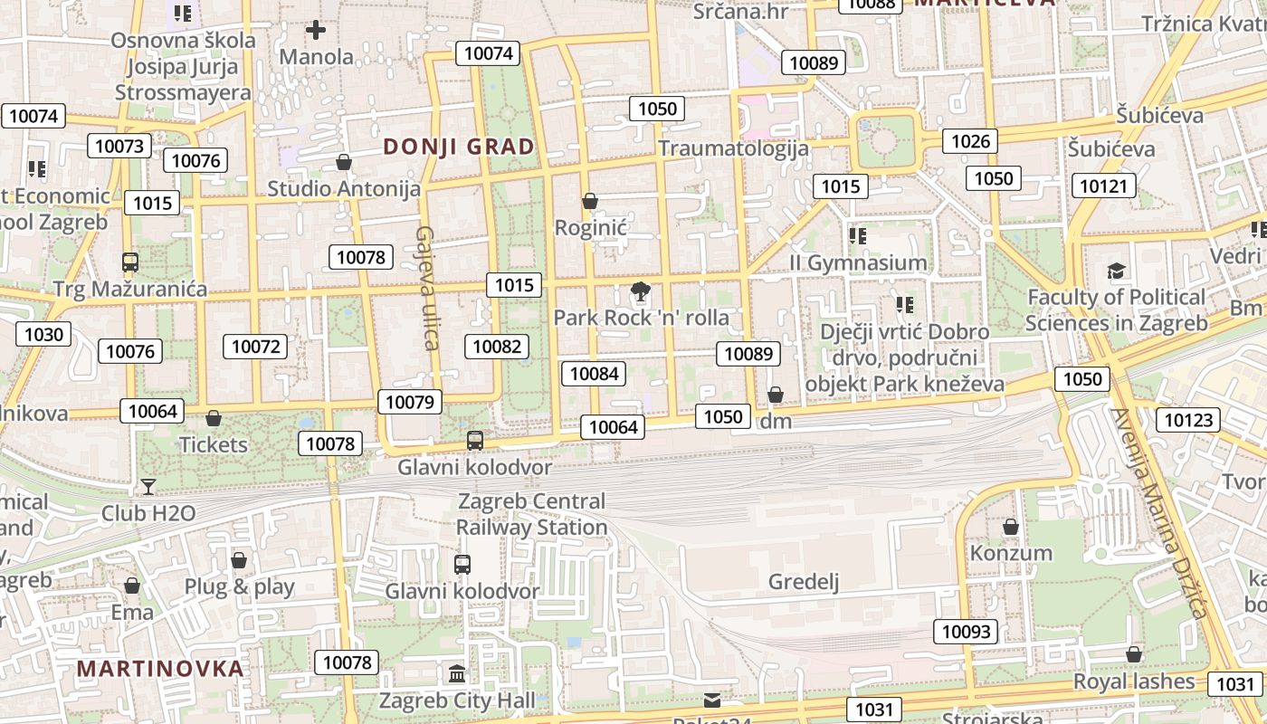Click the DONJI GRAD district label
coord(459,147)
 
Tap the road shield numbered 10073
coord(119,147)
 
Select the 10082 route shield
coord(497,346)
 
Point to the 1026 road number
coord(970,141)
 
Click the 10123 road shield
coord(1187,420)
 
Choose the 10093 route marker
coord(966,632)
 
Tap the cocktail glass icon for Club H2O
coord(148,487)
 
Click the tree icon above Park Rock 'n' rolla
coord(640,291)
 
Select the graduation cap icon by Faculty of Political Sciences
coord(1116,271)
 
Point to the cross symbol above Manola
coord(315,31)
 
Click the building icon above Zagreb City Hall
coord(457,674)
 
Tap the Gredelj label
coord(803,582)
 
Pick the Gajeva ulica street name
coord(426,288)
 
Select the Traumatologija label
coord(733,148)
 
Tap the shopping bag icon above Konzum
coord(1011,527)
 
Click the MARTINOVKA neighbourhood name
coord(160,669)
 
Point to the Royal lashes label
coord(1133,681)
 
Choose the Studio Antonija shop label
coord(344,188)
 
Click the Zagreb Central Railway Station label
coord(531,514)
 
